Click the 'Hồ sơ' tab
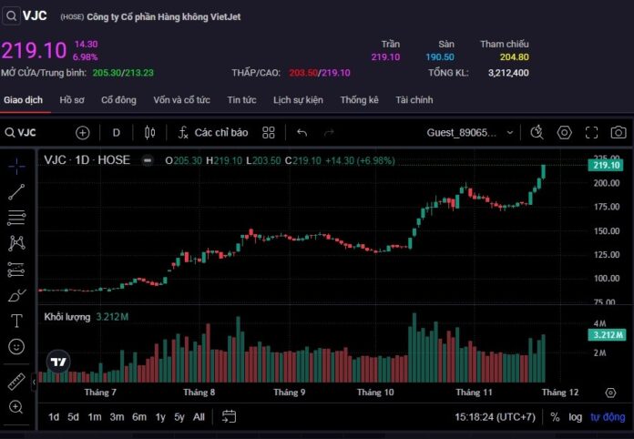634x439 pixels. coord(71,99)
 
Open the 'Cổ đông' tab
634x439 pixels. coord(118,99)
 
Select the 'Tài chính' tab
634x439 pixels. coord(414,99)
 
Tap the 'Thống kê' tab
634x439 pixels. coord(359,99)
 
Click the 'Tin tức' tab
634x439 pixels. coord(241,99)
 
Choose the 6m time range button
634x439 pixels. coord(138,416)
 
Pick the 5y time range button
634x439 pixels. coord(179,416)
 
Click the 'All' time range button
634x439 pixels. coord(199,416)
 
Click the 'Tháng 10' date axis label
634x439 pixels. coord(374,393)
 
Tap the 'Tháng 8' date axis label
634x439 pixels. coord(199,393)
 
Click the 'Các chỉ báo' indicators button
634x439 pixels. coord(213,132)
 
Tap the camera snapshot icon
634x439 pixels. coord(619,132)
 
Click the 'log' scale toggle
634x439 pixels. coord(576,416)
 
